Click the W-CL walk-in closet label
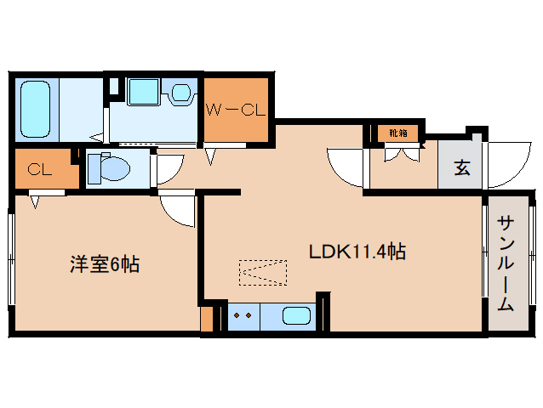click(237, 109)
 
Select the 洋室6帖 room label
click(105, 264)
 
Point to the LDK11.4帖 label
click(357, 252)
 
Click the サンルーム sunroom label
click(506, 263)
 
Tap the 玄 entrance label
click(460, 167)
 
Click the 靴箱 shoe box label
click(397, 133)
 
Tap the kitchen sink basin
click(296, 315)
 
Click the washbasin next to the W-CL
click(181, 92)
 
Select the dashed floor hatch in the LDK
click(263, 272)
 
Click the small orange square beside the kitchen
click(206, 320)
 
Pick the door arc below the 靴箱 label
click(346, 168)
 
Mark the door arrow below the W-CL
click(211, 154)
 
